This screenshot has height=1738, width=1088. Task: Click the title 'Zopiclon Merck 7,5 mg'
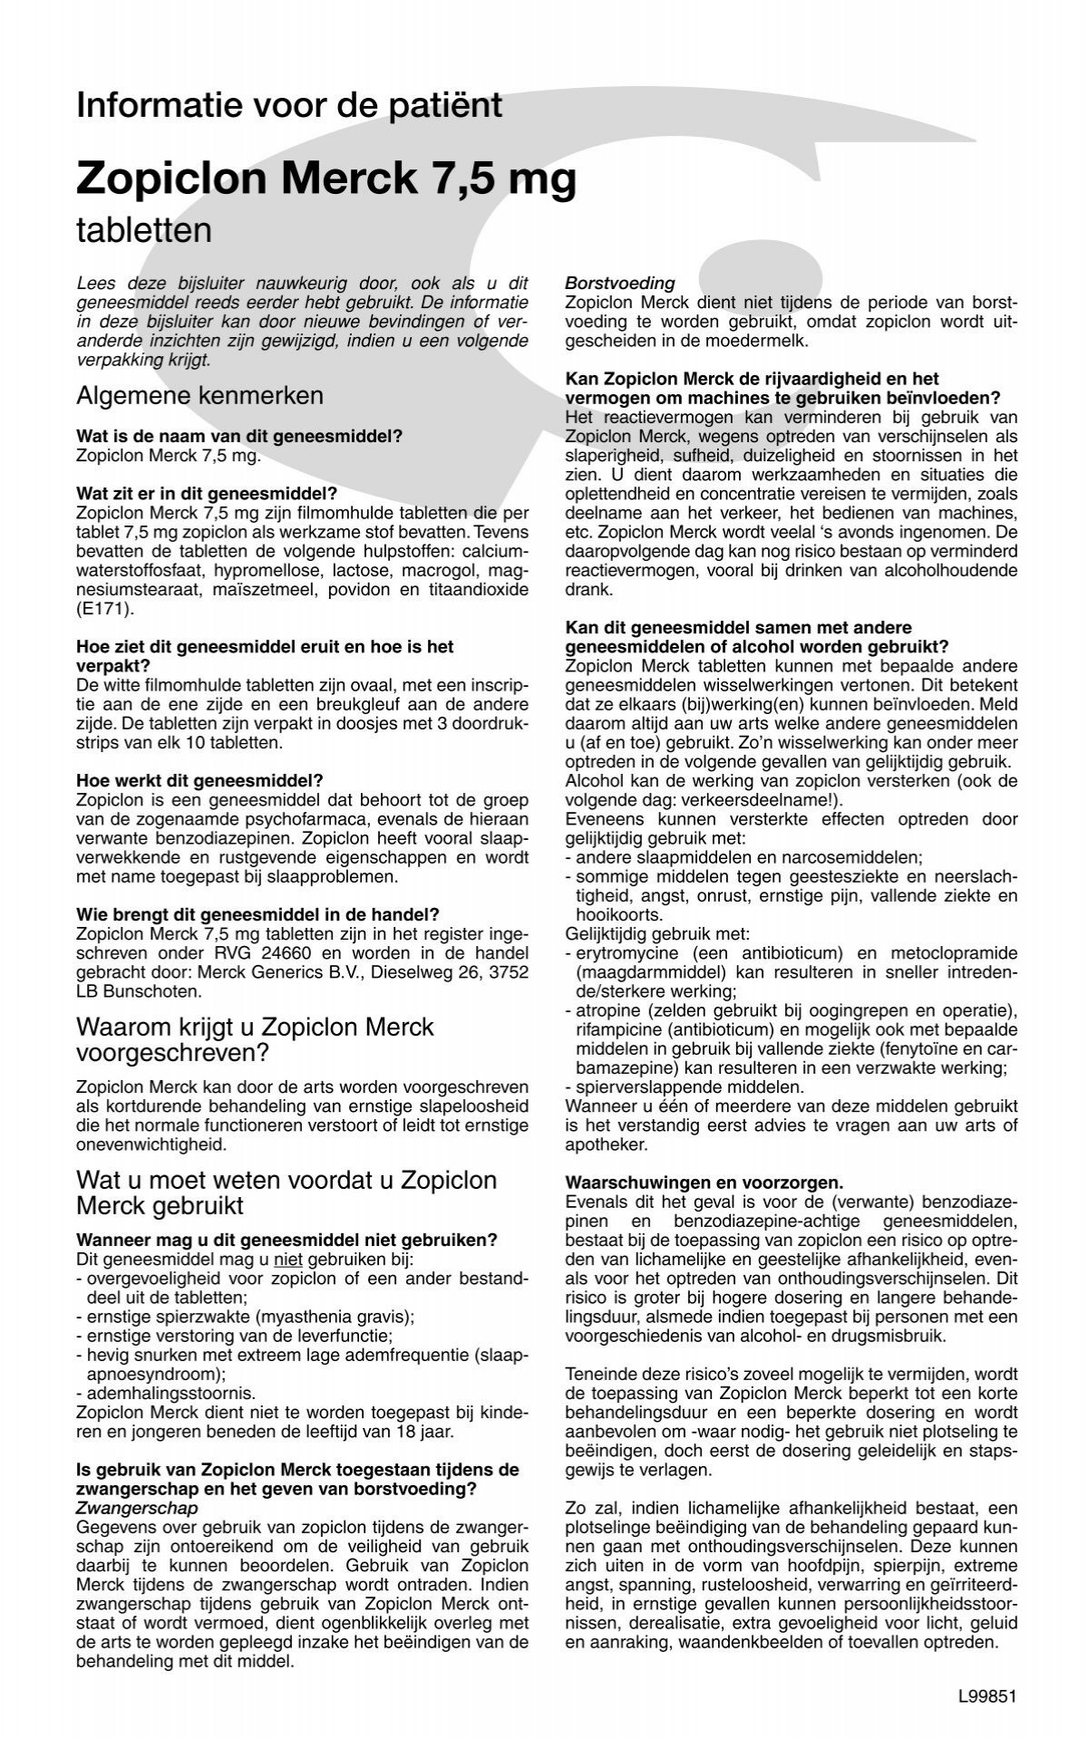point(326,179)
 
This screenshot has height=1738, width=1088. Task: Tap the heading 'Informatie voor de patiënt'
point(289,106)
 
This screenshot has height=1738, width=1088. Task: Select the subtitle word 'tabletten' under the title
point(144,230)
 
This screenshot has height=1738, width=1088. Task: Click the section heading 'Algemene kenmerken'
point(199,396)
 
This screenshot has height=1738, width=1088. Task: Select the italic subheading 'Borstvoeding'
point(620,284)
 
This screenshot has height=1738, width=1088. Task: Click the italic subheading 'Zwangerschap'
point(138,1508)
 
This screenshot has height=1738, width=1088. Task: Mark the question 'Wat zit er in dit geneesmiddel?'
point(207,494)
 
